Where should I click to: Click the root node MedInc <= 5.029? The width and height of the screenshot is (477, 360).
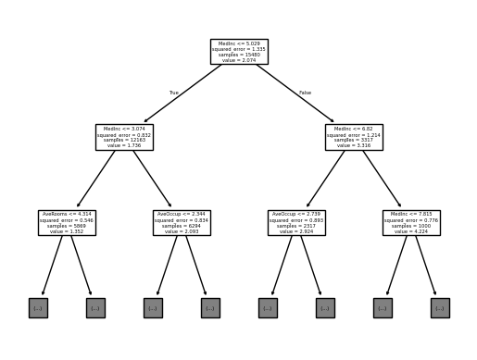point(239,51)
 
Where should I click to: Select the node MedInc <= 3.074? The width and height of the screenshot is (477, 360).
point(124,137)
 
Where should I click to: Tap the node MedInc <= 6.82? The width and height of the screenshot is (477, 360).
point(354,137)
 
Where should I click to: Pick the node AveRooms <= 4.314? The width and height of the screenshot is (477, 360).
point(67,222)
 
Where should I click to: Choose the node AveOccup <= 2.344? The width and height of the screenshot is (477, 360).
point(182,222)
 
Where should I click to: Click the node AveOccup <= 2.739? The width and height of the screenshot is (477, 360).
point(296,222)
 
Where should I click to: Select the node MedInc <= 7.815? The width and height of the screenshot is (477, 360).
point(411,222)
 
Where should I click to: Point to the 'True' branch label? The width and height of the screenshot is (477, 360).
point(173,93)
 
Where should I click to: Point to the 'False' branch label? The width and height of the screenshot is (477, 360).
point(306,93)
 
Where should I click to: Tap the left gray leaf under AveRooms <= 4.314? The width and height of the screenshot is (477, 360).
point(38,307)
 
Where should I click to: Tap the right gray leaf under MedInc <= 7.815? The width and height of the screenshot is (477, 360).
point(440,307)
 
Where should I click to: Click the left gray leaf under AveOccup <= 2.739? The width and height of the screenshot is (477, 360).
point(268,307)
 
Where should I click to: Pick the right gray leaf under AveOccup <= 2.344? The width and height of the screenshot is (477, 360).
point(210,307)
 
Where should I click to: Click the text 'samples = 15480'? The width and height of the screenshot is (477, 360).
point(239,54)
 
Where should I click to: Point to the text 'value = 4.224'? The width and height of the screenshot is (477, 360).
point(411,230)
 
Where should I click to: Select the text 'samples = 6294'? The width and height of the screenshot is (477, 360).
point(182,226)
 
